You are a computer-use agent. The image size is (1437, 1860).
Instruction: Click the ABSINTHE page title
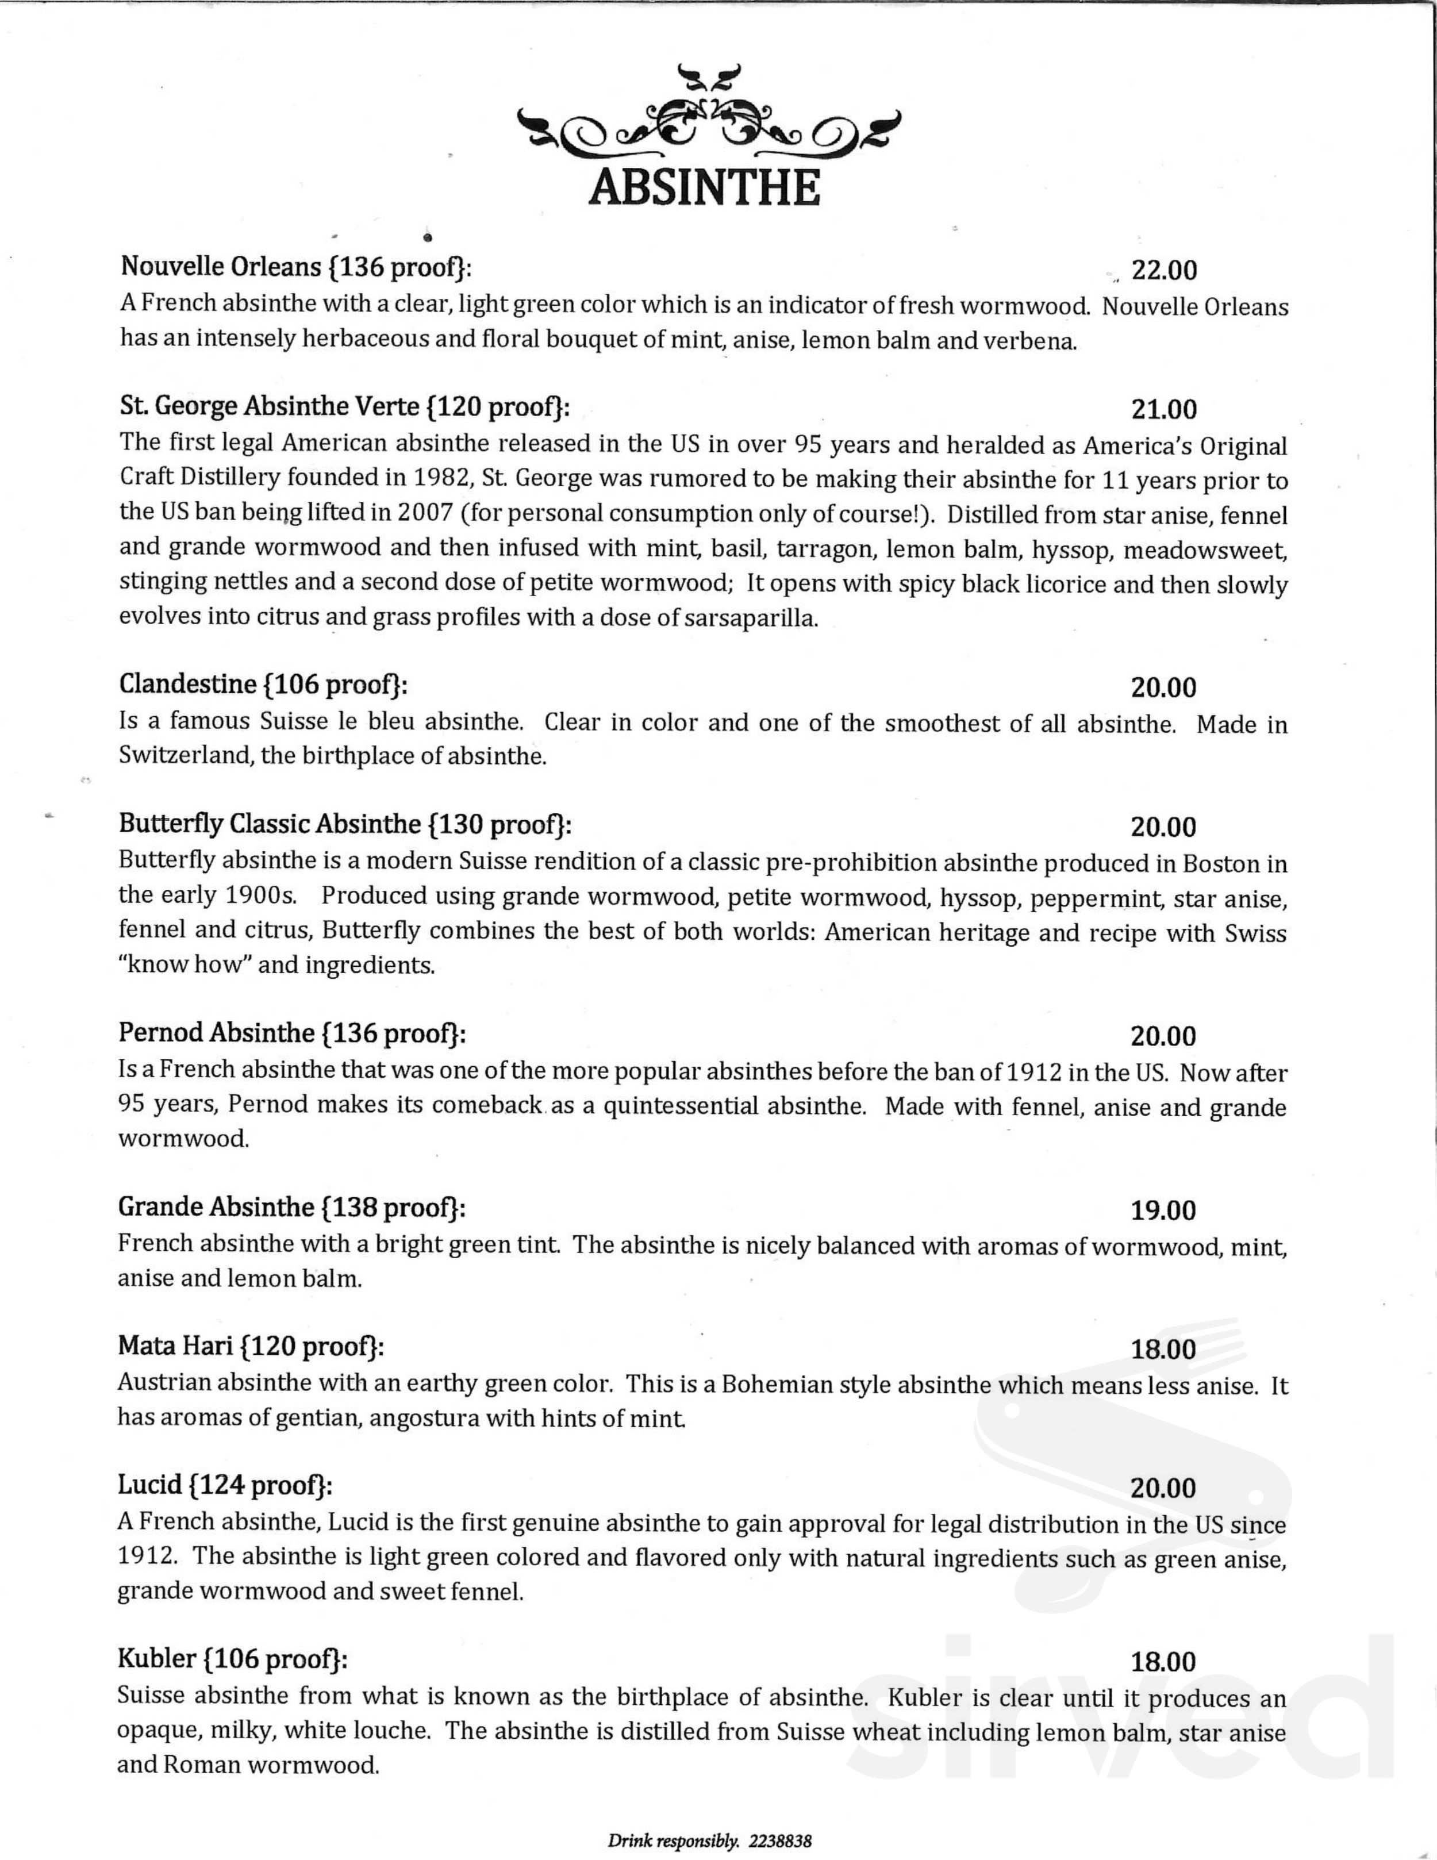tap(705, 188)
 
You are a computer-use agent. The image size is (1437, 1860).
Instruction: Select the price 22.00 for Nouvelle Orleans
tap(1163, 270)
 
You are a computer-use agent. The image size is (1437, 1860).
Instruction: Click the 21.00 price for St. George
tap(1163, 410)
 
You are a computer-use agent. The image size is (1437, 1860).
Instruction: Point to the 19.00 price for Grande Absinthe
tap(1163, 1210)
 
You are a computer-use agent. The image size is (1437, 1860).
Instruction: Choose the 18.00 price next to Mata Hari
tap(1163, 1349)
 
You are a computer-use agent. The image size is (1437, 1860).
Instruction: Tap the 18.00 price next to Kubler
tap(1163, 1662)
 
